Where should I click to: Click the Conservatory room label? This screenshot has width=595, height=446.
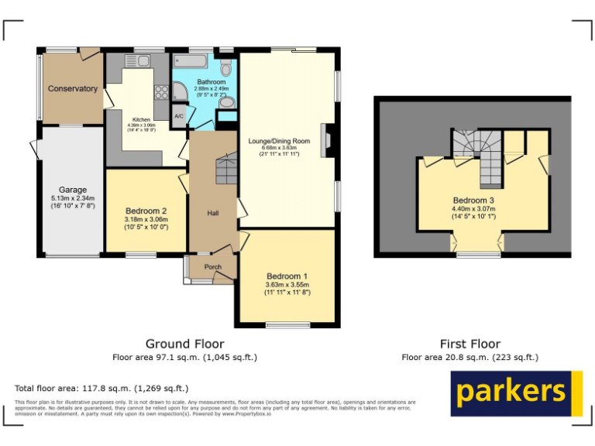pos(73,89)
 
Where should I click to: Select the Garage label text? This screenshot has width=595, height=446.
pos(73,190)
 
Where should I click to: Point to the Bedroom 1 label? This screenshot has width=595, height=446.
pos(287,276)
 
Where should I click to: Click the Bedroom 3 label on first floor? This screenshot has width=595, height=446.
pos(473,200)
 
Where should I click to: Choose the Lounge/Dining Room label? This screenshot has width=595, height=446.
pos(279,141)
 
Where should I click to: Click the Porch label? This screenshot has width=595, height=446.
pos(212,267)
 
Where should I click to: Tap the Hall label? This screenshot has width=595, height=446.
pos(212,213)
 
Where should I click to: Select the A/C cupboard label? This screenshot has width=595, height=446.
pos(179,116)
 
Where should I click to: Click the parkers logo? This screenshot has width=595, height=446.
pos(516,393)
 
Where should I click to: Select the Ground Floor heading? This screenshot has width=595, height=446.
pos(184,344)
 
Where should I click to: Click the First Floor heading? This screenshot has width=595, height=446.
pos(469,344)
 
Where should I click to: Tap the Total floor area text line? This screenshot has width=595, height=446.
pos(101,388)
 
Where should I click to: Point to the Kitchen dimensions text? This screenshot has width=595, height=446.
pos(141,128)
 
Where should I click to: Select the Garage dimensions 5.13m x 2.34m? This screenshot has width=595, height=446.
pos(73,202)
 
